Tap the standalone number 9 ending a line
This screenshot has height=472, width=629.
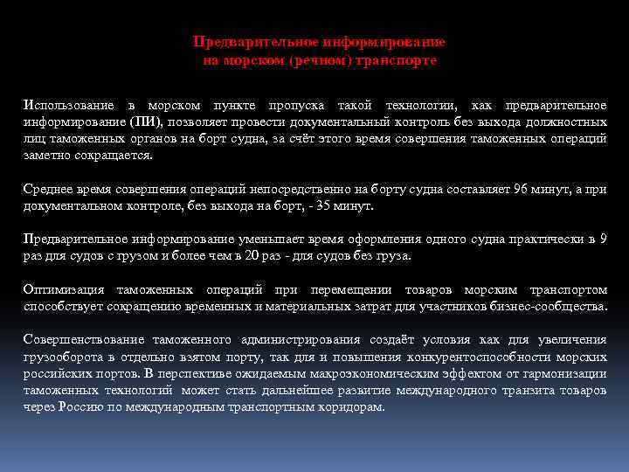[603, 239]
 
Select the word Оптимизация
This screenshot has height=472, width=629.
[64, 289]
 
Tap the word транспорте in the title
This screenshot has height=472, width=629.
[404, 61]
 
